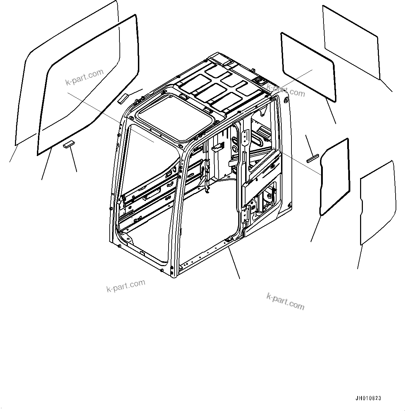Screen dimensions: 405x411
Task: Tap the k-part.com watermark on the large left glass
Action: (x=85, y=77)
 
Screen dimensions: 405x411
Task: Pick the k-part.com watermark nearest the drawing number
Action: (x=285, y=301)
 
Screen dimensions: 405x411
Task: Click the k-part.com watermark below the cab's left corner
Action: (x=126, y=286)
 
